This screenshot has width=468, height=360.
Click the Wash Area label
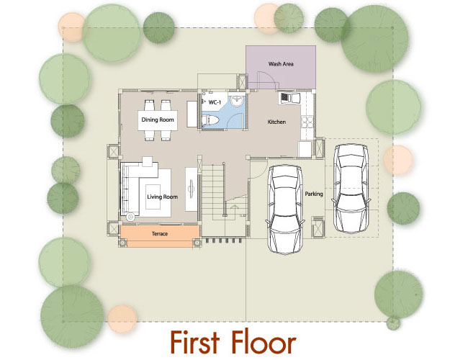(x=281, y=64)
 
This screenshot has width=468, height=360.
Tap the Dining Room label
(x=158, y=120)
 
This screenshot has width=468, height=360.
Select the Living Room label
(x=163, y=197)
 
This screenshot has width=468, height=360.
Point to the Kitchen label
(x=276, y=122)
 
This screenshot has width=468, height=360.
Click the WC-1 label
(x=215, y=102)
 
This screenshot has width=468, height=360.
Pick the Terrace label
(x=160, y=234)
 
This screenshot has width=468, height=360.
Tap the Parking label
(x=314, y=194)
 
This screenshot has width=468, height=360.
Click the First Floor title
(x=233, y=342)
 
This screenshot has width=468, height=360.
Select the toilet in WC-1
(x=210, y=120)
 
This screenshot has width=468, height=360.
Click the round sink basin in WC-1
(x=238, y=100)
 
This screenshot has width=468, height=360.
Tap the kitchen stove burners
(x=307, y=122)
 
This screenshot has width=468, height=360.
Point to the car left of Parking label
(x=285, y=210)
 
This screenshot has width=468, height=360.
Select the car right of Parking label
(x=351, y=189)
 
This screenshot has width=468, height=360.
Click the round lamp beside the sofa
(x=130, y=217)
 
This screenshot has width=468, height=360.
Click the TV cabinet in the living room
(x=191, y=189)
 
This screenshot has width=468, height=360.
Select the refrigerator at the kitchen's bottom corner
(x=305, y=149)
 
